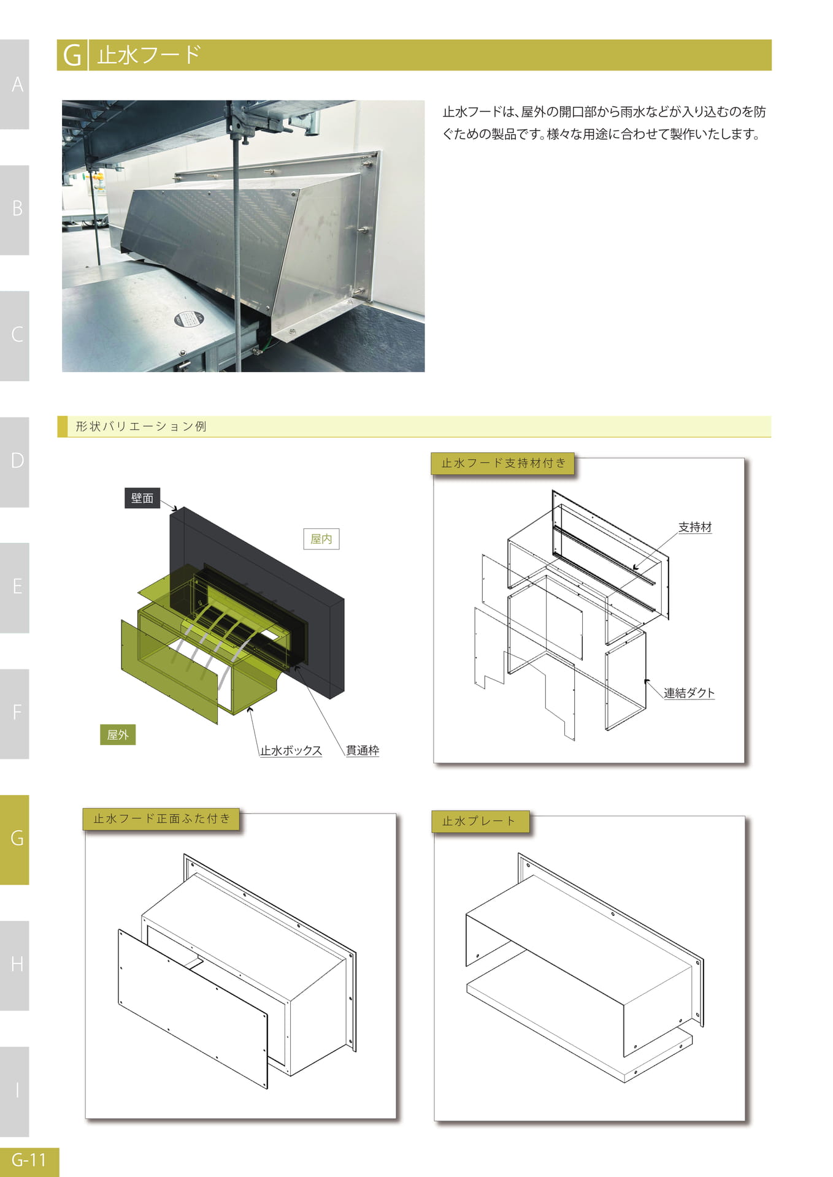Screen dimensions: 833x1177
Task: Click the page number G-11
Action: [x=29, y=1159]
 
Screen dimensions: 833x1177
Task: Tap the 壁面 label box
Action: [x=142, y=498]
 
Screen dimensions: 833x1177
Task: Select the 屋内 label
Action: [x=321, y=539]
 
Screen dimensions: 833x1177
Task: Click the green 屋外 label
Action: [x=118, y=734]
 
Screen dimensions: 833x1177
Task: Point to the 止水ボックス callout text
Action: [x=291, y=750]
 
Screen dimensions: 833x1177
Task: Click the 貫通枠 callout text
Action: [x=363, y=750]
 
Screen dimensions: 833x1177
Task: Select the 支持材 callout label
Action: [x=695, y=527]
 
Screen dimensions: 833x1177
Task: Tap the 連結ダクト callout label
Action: [x=689, y=693]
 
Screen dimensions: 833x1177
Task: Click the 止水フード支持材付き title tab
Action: [x=503, y=463]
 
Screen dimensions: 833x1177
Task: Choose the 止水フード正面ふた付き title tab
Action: [x=161, y=819]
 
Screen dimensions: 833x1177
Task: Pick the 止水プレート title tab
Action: [x=479, y=821]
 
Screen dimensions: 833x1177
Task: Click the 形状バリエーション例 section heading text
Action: [x=141, y=426]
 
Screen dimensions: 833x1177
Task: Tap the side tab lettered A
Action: [x=15, y=85]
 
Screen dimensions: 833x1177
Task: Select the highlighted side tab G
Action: [x=15, y=839]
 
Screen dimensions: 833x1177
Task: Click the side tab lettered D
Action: [x=15, y=462]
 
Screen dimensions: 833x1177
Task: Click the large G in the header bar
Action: [x=72, y=55]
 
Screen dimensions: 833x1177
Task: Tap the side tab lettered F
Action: [x=15, y=714]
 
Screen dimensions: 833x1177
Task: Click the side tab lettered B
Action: [x=15, y=210]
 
